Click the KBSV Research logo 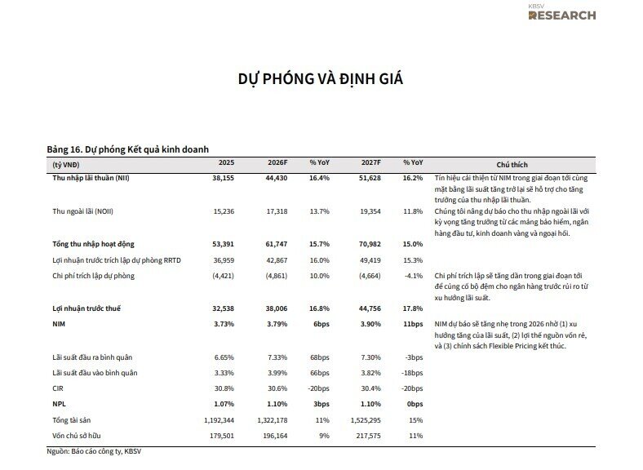[x=561, y=12]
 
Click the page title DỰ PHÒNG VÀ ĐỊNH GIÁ [x=321, y=79]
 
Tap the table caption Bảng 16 [x=128, y=149]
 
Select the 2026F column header [x=277, y=163]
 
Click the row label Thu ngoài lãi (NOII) [x=84, y=211]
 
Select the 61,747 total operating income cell [x=277, y=244]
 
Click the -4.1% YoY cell [x=413, y=276]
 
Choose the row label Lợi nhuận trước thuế [x=87, y=309]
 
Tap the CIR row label [x=58, y=388]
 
